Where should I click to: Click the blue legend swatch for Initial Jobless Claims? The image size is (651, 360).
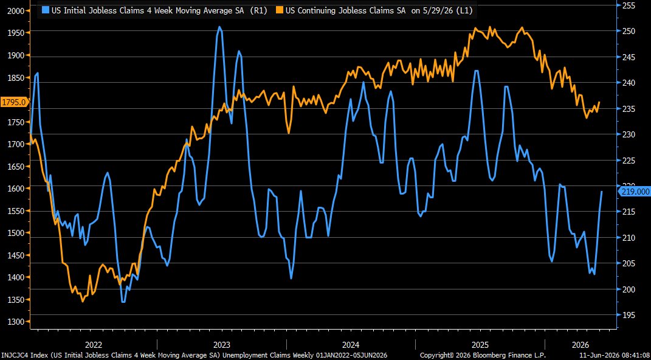[x=46, y=11]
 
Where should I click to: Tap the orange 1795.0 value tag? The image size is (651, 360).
[x=14, y=102]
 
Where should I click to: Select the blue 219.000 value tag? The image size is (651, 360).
[x=634, y=191]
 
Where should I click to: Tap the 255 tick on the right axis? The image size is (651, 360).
[x=630, y=5]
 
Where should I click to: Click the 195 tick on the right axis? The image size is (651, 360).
[x=630, y=315]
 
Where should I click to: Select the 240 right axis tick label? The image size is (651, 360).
[x=630, y=83]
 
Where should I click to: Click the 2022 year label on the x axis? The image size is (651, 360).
[x=94, y=345]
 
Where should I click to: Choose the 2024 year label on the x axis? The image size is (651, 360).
[x=351, y=345]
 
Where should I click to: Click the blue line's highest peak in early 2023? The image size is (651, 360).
[x=219, y=27]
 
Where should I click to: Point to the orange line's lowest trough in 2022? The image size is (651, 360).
[x=82, y=302]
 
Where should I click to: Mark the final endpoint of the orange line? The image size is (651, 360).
[x=599, y=102]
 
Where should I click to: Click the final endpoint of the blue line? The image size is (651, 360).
[x=602, y=192]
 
